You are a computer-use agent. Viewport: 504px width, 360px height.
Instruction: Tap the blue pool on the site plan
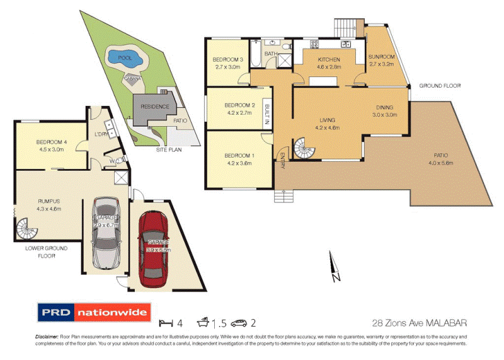tap(128, 60)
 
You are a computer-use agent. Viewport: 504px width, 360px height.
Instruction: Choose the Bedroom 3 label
tap(227, 63)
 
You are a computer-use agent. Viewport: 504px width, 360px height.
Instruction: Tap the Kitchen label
tap(325, 62)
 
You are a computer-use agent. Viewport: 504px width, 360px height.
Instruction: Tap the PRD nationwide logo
tap(94, 312)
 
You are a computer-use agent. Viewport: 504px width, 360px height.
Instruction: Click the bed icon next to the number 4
tap(164, 324)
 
